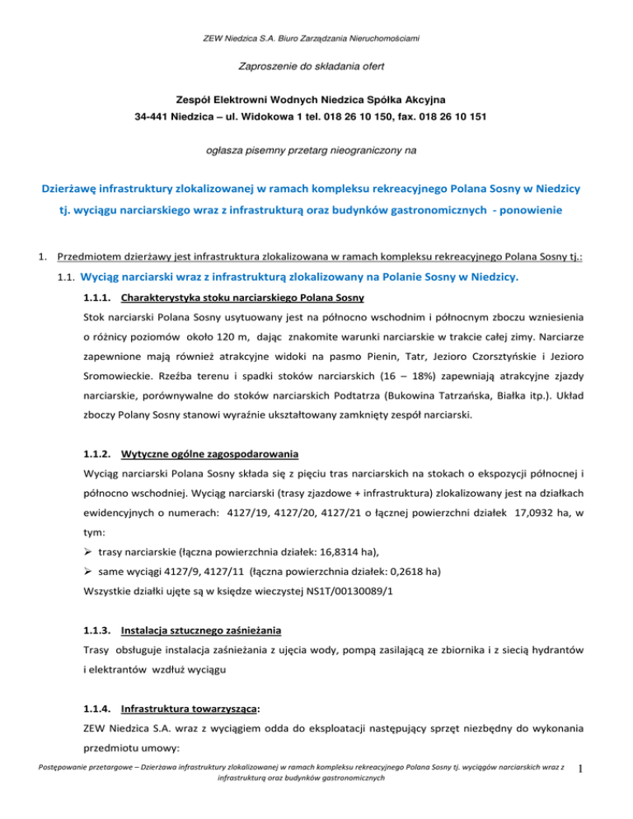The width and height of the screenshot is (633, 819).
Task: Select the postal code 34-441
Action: pyautogui.click(x=155, y=117)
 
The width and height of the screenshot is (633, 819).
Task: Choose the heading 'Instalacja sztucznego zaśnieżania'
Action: pyautogui.click(x=201, y=632)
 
